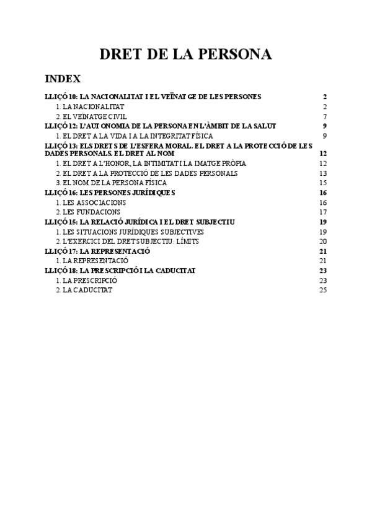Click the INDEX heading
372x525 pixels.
coord(63,79)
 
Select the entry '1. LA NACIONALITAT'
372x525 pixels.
coord(90,106)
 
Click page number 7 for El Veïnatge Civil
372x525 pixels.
coord(324,116)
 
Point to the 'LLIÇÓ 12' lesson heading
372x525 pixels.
coord(161,126)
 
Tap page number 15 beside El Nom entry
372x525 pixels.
coord(322,183)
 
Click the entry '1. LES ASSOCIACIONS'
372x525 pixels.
coord(91,202)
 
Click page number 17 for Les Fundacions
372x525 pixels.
coord(322,212)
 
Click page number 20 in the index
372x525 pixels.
coord(322,241)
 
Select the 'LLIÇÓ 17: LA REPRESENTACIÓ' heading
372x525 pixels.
coord(107,251)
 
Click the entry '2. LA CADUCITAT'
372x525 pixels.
coord(84,290)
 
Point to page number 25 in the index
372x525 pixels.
coord(322,290)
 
